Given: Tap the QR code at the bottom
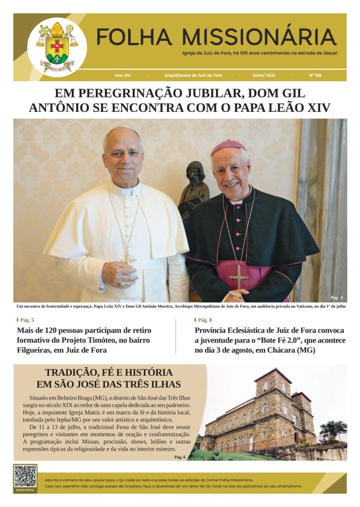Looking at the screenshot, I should click(x=25, y=476).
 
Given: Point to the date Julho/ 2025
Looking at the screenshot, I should click(x=264, y=75).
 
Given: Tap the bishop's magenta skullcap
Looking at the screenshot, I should click(x=228, y=146).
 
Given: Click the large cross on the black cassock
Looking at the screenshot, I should click(x=239, y=276).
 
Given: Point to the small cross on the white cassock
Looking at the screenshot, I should click(x=129, y=257).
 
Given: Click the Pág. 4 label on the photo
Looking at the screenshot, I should click(x=337, y=297).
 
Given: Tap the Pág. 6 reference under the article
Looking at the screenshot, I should click(x=180, y=456).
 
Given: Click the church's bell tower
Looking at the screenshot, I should click(x=273, y=391).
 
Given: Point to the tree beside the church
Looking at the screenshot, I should click(x=333, y=428).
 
